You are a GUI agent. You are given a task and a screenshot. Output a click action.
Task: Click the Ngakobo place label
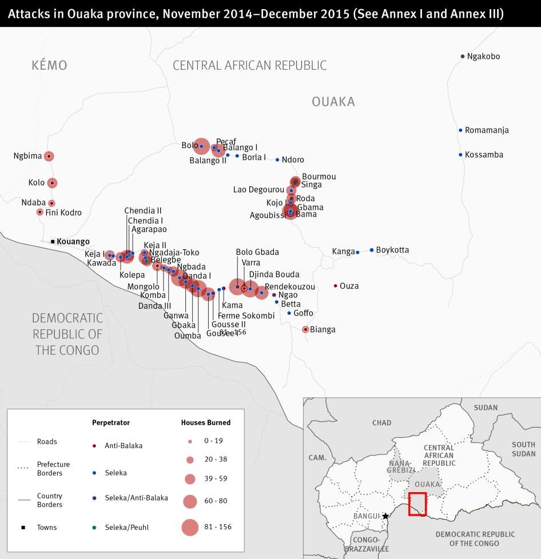[483, 56]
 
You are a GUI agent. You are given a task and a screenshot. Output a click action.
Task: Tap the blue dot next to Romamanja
[460, 130]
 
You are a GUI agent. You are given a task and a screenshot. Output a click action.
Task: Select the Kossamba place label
[484, 155]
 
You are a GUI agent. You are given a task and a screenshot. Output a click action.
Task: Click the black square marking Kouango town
[53, 242]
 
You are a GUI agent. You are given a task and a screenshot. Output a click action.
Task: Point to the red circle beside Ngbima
[49, 156]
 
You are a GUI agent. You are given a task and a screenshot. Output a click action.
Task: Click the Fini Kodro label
[63, 213]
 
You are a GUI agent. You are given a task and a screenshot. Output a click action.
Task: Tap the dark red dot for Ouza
[335, 286]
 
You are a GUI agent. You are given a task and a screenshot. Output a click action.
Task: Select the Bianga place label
[323, 330]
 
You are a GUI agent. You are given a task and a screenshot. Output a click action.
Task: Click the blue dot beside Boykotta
[372, 250]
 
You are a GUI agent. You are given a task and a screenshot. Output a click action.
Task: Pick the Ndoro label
[293, 160]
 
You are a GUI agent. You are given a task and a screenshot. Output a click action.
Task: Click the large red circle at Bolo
[201, 146]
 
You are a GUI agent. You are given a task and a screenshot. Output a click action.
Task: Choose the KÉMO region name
[49, 66]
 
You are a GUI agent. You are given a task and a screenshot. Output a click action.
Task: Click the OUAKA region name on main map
[333, 102]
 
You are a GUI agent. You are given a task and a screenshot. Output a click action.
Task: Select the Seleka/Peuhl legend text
[126, 527]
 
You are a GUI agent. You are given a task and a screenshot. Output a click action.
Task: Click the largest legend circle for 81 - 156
[190, 527]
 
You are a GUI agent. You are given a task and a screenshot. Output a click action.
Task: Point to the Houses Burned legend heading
[206, 422]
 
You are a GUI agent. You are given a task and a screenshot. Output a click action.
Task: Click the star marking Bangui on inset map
[385, 516]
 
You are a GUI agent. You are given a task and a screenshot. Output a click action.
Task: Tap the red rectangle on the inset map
[417, 504]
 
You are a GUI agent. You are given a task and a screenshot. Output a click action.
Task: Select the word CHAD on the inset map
[381, 423]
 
